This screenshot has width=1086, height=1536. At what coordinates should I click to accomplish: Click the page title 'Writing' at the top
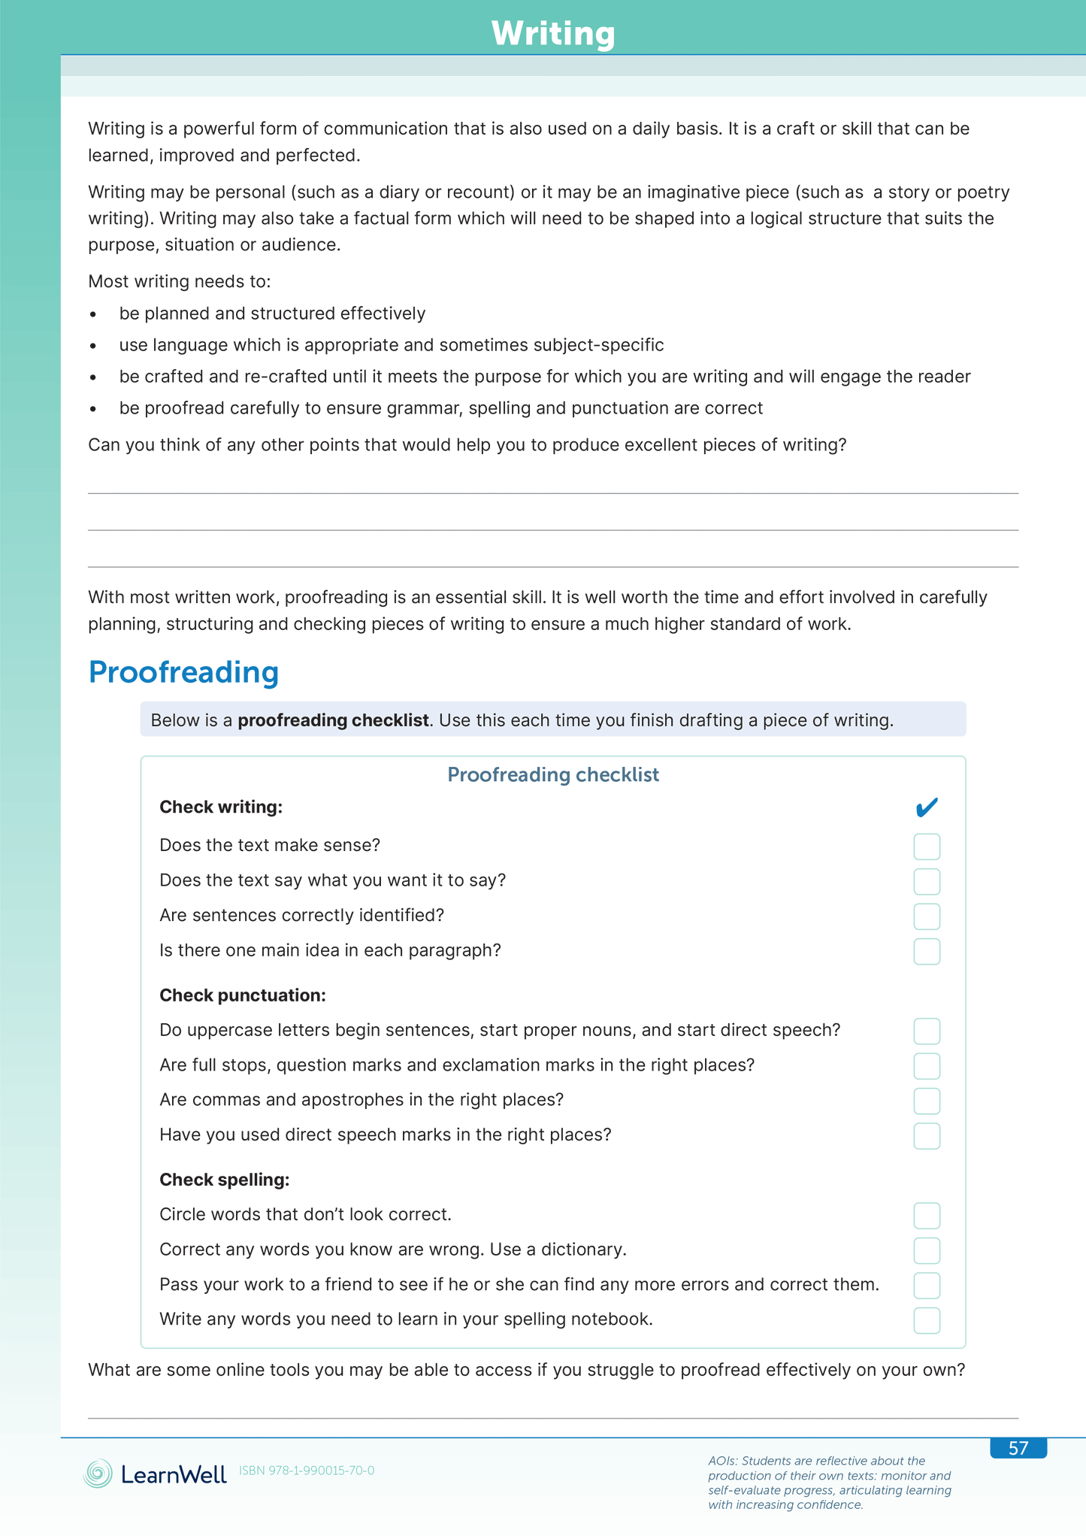553,34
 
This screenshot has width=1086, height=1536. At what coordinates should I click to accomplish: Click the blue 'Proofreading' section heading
183,671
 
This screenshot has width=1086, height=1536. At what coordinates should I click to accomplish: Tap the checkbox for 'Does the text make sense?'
927,847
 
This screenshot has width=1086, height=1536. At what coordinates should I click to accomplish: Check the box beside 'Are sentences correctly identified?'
927,916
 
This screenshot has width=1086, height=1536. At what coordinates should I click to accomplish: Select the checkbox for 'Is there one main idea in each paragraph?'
927,951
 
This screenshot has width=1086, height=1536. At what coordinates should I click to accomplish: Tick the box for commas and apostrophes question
927,1101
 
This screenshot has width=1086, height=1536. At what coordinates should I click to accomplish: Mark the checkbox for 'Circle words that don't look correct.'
927,1216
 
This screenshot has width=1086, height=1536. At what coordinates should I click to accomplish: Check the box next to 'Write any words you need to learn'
927,1320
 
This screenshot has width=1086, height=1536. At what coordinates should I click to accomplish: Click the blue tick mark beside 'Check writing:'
927,807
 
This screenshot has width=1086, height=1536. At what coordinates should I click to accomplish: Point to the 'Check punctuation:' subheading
243,995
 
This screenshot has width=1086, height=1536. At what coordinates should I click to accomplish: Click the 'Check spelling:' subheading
224,1180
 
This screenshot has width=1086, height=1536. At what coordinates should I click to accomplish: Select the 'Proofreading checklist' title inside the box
553,775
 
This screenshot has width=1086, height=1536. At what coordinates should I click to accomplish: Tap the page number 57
1018,1448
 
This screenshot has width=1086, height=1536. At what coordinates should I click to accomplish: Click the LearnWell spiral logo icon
98,1474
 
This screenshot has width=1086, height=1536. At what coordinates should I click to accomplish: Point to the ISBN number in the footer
307,1471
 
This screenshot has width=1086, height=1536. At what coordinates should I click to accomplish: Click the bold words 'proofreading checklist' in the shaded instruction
333,720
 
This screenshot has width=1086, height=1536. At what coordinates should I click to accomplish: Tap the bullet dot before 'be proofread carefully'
93,409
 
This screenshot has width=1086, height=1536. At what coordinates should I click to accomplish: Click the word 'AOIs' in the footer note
721,1461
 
